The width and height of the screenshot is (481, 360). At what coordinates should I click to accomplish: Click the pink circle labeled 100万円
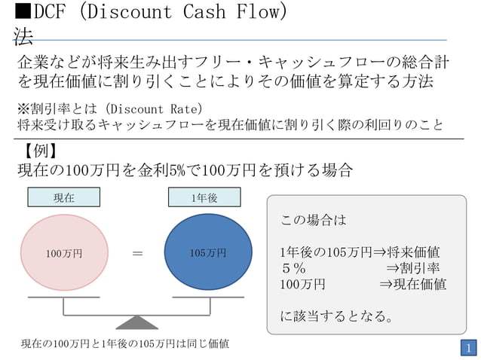(63, 254)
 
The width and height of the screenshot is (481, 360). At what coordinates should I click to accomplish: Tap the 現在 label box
(63, 197)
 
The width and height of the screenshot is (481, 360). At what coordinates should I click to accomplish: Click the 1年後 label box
(204, 197)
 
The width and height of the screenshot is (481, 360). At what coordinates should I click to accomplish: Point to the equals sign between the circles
(137, 254)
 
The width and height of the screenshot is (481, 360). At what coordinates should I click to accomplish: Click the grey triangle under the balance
(136, 322)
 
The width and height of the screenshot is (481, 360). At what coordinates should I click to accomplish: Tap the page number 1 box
(468, 348)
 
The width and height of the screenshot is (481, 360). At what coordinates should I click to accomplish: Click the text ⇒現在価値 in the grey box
(412, 285)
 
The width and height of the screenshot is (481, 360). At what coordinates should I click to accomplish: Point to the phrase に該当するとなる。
(336, 317)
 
